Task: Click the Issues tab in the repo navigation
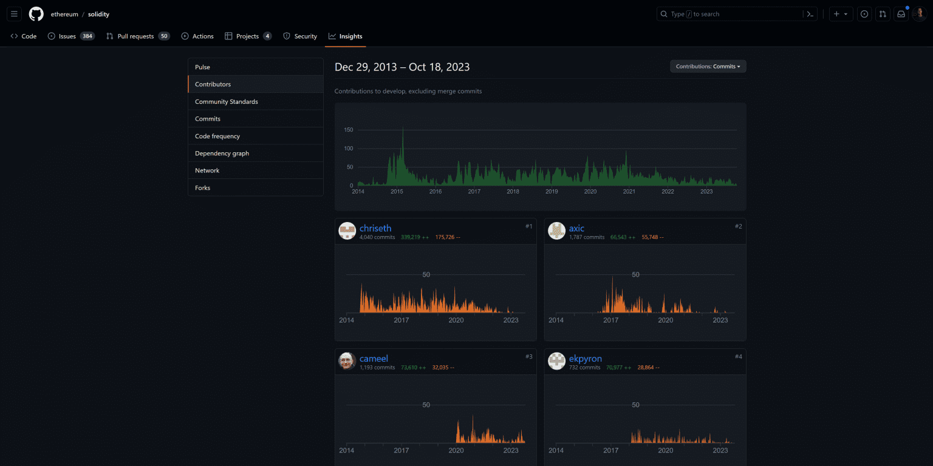(x=67, y=36)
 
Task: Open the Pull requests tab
(x=135, y=36)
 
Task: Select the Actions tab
(x=203, y=36)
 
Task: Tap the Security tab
(x=306, y=36)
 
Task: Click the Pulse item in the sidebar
(x=203, y=67)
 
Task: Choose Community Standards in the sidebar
(x=227, y=102)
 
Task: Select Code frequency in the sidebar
(x=217, y=137)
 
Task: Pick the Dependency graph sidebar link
(x=222, y=154)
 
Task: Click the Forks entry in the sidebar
(x=203, y=188)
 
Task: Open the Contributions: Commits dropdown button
(x=708, y=67)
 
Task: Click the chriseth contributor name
(x=375, y=229)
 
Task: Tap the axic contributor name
(x=576, y=229)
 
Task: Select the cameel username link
(x=374, y=359)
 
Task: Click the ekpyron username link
(x=585, y=359)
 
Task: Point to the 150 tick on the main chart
(x=349, y=130)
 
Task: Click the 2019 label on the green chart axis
(x=552, y=192)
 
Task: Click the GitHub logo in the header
(x=36, y=14)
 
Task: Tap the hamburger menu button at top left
(x=15, y=14)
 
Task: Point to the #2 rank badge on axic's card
(x=738, y=226)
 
